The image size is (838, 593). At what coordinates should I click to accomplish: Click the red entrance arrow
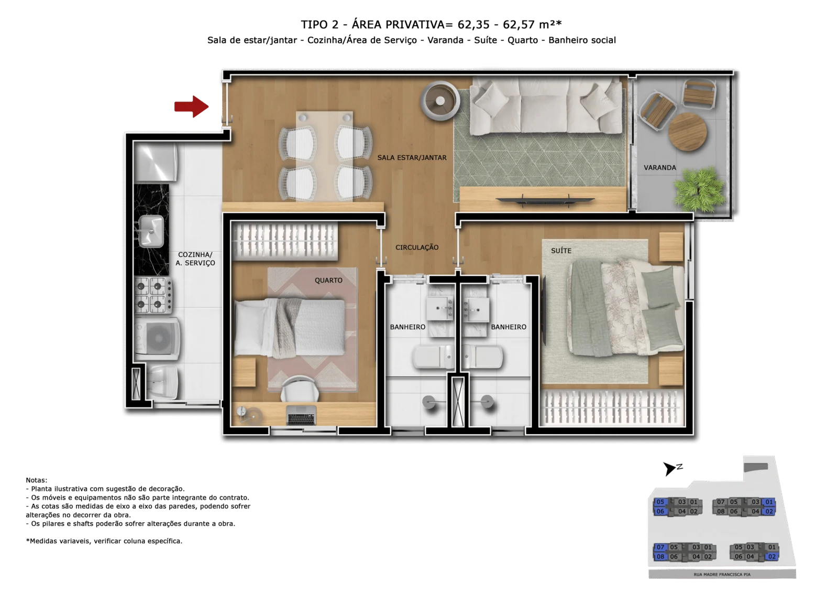click(191, 107)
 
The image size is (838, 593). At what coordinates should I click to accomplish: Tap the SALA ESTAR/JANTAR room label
click(412, 158)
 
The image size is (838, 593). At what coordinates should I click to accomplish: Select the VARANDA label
click(659, 167)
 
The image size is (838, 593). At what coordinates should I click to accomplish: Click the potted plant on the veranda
click(699, 190)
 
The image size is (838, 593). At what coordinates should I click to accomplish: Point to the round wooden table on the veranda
click(688, 132)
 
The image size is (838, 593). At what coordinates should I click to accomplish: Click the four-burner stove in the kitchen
click(153, 295)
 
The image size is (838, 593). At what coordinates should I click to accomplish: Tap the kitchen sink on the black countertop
click(151, 231)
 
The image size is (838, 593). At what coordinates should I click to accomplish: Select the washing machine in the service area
click(157, 339)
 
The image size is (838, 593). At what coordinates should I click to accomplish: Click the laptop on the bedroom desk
click(301, 415)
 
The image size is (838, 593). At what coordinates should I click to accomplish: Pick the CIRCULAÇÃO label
click(417, 247)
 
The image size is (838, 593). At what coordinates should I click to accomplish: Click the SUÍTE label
click(561, 251)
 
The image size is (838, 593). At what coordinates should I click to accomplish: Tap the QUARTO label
click(328, 280)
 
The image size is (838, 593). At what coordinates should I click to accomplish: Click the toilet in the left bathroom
click(433, 357)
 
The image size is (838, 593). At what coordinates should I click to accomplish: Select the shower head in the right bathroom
click(487, 401)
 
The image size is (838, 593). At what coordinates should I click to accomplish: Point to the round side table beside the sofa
click(440, 101)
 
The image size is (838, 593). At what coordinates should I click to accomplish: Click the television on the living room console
click(545, 201)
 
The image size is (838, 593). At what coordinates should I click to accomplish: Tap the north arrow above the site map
click(669, 468)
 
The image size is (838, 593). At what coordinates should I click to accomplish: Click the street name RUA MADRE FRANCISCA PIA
click(722, 574)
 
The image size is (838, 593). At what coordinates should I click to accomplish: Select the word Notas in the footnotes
click(36, 480)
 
